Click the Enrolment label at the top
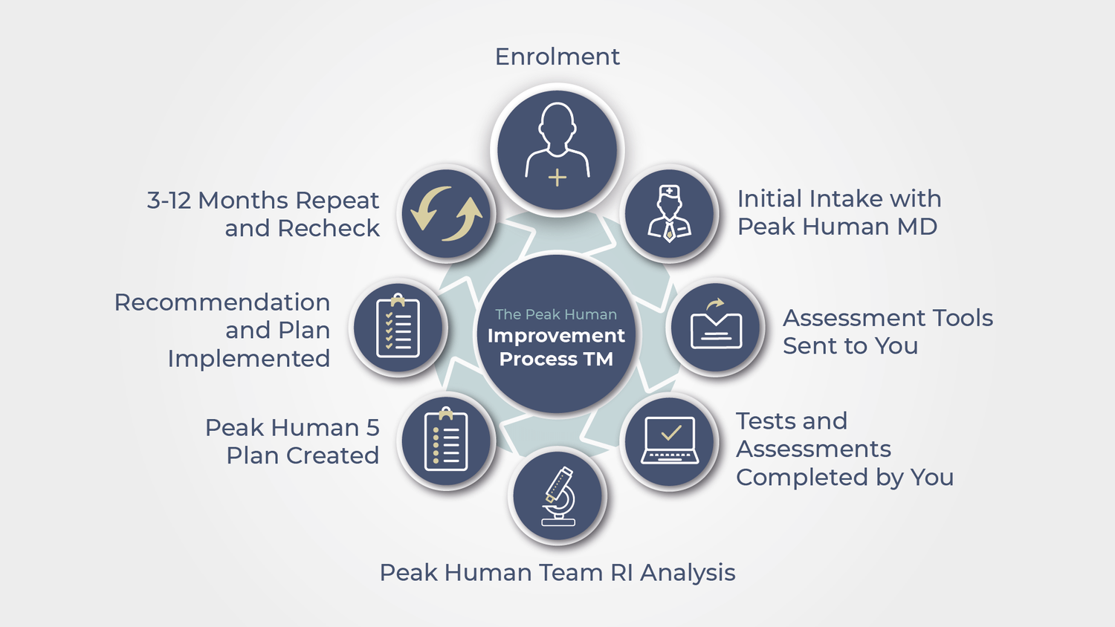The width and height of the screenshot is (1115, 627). tap(557, 56)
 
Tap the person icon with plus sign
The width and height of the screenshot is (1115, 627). tap(557, 144)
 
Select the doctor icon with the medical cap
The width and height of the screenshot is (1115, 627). tap(670, 214)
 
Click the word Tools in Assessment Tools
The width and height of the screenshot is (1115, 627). tap(963, 318)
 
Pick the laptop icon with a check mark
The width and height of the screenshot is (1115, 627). tap(670, 441)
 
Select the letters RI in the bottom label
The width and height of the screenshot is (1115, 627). tap(621, 573)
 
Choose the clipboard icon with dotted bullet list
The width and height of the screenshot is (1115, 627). tap(445, 439)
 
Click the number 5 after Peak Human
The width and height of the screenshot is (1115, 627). tap(373, 428)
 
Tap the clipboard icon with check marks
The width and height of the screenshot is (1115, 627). tap(398, 325)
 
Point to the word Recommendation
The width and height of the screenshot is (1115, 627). tap(222, 302)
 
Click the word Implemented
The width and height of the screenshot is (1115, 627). tap(249, 359)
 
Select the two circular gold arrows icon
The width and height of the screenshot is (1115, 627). tap(446, 213)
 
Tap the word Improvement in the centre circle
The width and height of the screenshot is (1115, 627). tap(556, 337)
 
